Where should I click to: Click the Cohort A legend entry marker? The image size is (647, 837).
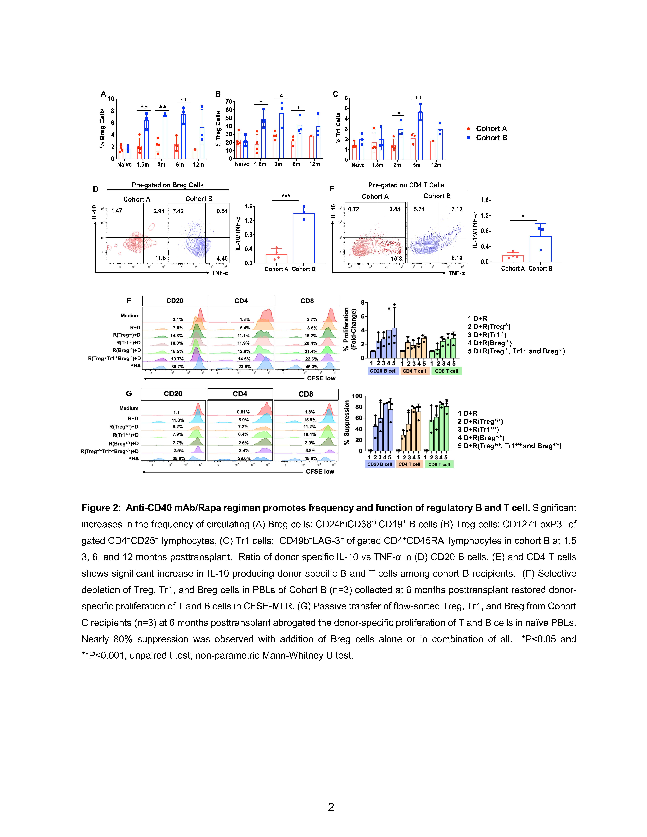pos(468,129)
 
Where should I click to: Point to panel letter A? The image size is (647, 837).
pos(103,94)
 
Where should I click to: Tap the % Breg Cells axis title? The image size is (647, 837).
pos(102,128)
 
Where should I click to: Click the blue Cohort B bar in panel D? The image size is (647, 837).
pos(304,238)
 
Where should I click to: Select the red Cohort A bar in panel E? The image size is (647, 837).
pos(513,259)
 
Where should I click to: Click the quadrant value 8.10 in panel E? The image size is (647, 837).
pos(456,258)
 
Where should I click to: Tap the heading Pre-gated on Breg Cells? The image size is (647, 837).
pos(167,185)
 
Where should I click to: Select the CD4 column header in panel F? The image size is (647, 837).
pos(241,301)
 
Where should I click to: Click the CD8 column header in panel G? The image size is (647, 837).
pos(306,394)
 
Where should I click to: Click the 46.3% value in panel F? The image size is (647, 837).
pos(312,367)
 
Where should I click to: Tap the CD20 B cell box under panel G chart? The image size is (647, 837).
pos(379,464)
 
